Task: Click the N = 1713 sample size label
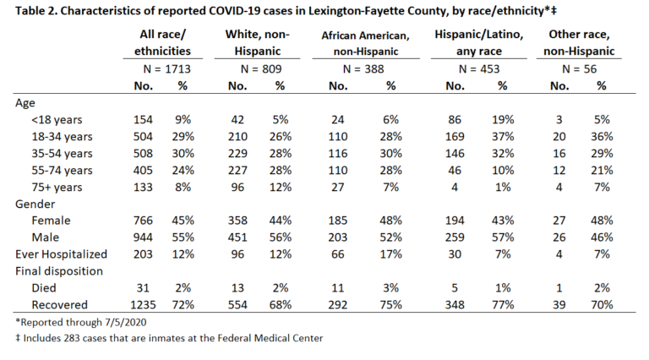tap(166, 68)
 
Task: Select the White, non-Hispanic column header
tap(258, 42)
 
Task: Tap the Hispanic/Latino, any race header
tap(479, 42)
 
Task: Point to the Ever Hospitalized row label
tap(61, 254)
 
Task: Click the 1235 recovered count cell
tap(143, 305)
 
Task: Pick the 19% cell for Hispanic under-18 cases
tap(503, 120)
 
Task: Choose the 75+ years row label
tap(57, 187)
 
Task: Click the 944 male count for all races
tap(143, 237)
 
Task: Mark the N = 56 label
tap(579, 68)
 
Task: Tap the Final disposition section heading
tap(59, 271)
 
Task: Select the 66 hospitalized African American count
tap(338, 254)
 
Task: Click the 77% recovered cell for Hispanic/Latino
tap(503, 305)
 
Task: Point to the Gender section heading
tap(35, 204)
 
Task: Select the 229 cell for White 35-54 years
tap(237, 153)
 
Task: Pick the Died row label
tap(44, 288)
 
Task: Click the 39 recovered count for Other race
tap(559, 305)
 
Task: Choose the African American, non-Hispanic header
tap(365, 43)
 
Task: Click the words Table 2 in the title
tap(35, 10)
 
